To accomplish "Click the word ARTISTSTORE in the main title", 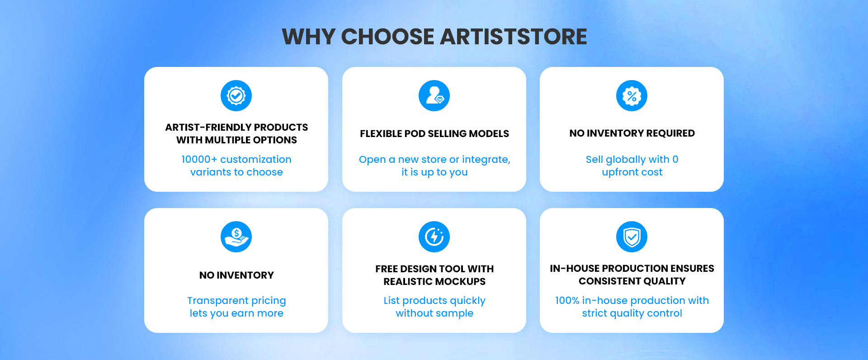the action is (513, 37).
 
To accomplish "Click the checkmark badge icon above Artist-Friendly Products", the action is (236, 96).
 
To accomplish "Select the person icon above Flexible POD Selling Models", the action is (434, 96).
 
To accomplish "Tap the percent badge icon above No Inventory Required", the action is (632, 96).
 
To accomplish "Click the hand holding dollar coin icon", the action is (236, 237).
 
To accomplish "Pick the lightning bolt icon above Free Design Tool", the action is (434, 237).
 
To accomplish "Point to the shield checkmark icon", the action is (632, 237).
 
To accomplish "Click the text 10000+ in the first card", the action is (199, 160).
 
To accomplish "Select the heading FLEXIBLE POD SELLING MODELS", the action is (434, 134).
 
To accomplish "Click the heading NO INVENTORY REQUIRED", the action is (632, 133).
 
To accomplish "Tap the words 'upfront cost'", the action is (632, 172).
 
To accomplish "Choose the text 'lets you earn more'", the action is (236, 313).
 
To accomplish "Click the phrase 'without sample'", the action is (434, 313).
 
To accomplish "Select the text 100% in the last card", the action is (567, 301).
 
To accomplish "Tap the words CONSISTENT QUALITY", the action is (632, 281).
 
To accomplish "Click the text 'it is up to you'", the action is (434, 172).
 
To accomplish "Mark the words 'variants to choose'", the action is (236, 172).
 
